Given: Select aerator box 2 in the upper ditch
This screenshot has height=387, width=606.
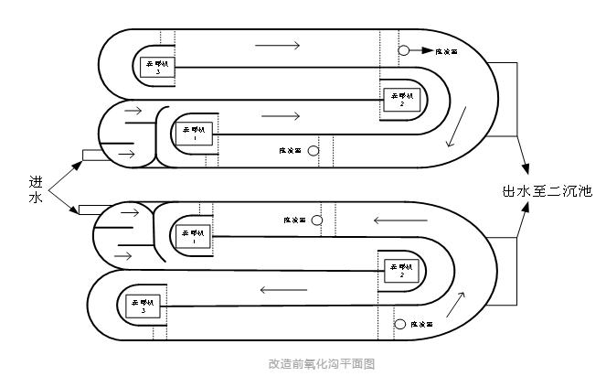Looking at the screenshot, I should point(401,99).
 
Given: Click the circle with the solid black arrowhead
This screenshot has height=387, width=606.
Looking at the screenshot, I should point(404,51).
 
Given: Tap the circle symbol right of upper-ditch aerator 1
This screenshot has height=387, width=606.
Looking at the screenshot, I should point(313,150).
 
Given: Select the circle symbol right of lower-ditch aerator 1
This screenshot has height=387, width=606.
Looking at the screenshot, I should point(317,220).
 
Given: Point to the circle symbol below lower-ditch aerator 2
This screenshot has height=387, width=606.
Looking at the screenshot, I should point(400,324).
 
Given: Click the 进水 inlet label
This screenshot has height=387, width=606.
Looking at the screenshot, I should point(36,189).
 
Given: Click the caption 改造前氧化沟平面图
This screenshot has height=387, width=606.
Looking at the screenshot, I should point(321,363).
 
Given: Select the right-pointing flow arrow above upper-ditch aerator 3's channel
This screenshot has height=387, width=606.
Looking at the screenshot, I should point(282,45).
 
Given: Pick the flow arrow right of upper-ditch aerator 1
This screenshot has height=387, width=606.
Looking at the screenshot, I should point(281,116).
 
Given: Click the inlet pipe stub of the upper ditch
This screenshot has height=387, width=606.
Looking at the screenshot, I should point(93,153).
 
